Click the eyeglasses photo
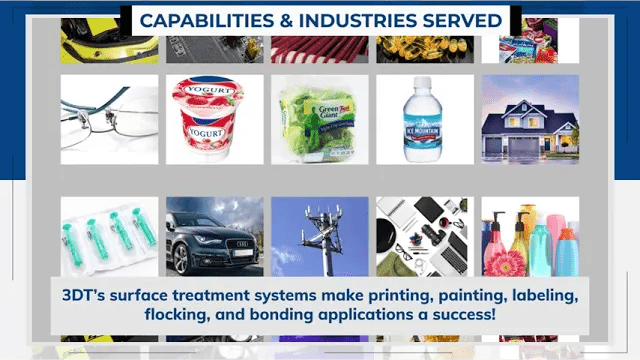[108, 119]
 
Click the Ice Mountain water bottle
[423, 121]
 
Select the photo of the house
[530, 119]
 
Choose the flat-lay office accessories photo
[425, 235]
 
